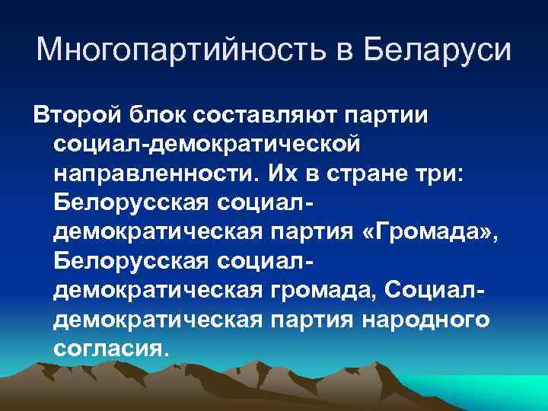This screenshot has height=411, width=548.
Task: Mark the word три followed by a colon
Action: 447,174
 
